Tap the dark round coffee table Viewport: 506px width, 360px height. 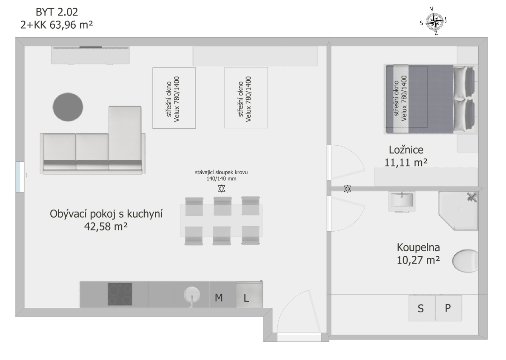68,107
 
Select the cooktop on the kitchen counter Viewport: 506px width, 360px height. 120,294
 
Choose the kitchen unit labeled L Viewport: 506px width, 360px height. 249,294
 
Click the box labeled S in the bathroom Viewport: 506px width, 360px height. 422,308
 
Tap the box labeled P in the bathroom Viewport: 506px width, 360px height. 448,308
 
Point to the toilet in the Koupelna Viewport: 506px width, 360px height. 465,261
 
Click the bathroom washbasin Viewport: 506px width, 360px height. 402,201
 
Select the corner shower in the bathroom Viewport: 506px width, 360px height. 458,211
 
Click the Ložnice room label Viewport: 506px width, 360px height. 406,150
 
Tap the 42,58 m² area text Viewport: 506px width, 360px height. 106,226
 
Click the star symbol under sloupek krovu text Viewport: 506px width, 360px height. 222,188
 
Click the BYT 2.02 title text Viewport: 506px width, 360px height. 57,12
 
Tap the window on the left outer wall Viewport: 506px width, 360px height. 20,177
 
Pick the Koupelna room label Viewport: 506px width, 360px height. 418,248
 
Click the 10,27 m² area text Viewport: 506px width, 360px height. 418,260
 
